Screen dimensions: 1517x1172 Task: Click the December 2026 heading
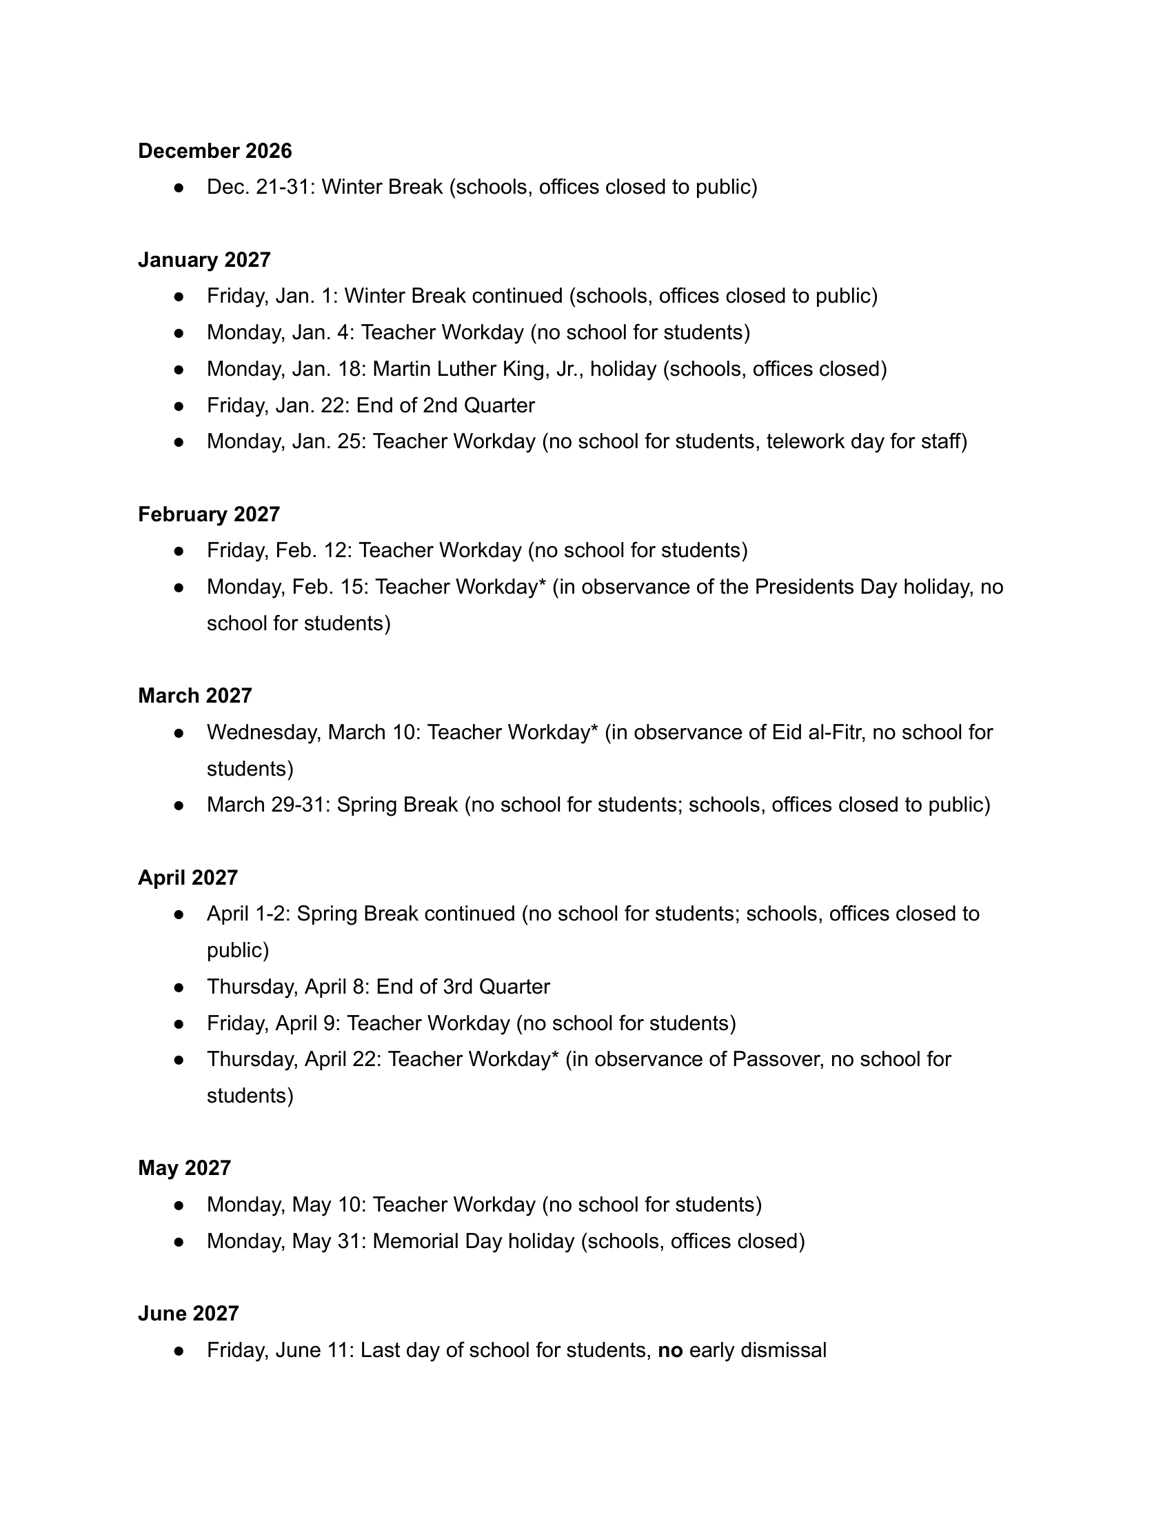(214, 151)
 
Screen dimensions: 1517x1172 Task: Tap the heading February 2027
(208, 514)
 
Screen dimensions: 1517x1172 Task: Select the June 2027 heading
(188, 1314)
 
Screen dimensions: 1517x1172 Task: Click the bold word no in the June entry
(670, 1350)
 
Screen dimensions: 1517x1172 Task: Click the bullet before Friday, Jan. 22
(179, 405)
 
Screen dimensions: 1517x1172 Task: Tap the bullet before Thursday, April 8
(179, 987)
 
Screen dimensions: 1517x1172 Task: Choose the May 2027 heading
(184, 1168)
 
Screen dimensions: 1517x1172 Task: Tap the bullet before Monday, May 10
(179, 1205)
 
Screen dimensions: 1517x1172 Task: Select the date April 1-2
(248, 914)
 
